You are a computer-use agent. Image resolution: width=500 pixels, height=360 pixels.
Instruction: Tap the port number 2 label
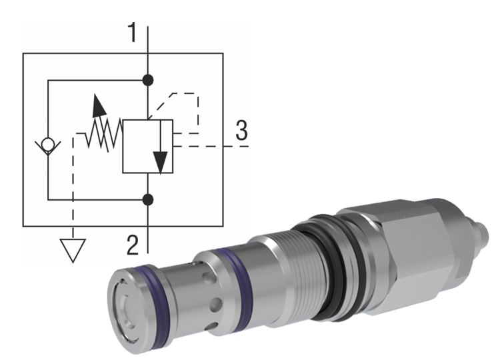coord(132,245)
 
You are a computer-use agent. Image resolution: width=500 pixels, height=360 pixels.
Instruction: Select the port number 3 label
coord(241,129)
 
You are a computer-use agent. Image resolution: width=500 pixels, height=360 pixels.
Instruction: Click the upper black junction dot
coord(148,80)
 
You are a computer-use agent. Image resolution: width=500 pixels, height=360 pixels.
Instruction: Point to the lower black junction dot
coord(148,199)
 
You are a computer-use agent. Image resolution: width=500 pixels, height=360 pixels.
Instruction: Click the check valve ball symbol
coord(48,144)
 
